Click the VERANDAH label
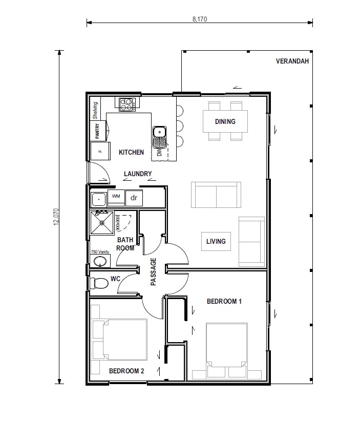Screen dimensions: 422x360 coord(292,61)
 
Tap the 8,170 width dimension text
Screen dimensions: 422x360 coord(200,19)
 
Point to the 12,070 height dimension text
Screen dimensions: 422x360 coord(56,217)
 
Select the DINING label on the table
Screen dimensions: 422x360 coord(225,121)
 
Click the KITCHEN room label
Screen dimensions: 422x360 coord(131,152)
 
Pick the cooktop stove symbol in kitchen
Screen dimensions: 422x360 coord(126,104)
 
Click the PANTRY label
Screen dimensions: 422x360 coord(97,131)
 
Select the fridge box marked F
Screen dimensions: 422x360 coord(100,151)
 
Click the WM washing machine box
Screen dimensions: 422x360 coord(116,197)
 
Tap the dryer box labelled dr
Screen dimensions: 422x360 coord(134,197)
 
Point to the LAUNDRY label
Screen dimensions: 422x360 coord(138,174)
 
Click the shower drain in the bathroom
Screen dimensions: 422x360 coord(102,223)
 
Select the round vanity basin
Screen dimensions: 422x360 coord(100,262)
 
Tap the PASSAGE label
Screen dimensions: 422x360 coord(153,271)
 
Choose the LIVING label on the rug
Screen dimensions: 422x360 coord(216,241)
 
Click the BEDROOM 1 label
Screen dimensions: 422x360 coord(224,302)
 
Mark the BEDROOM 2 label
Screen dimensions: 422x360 coord(126,371)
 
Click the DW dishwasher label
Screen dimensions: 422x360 coord(159,152)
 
